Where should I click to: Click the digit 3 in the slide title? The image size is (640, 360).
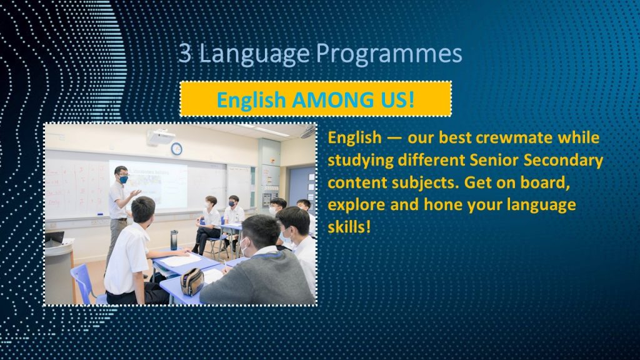185,53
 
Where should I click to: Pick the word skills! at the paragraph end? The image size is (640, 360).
349,226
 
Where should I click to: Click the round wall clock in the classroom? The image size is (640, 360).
176,149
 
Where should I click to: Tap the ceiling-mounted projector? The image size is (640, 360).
161,137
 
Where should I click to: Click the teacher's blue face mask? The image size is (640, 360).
124,179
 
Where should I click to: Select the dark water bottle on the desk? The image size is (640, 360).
174,240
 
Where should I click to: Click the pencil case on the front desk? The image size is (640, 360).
192,282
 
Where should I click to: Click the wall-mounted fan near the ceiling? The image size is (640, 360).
308,132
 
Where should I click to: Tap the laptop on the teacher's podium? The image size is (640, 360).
54,238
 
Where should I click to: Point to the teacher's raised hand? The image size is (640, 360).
136,192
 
